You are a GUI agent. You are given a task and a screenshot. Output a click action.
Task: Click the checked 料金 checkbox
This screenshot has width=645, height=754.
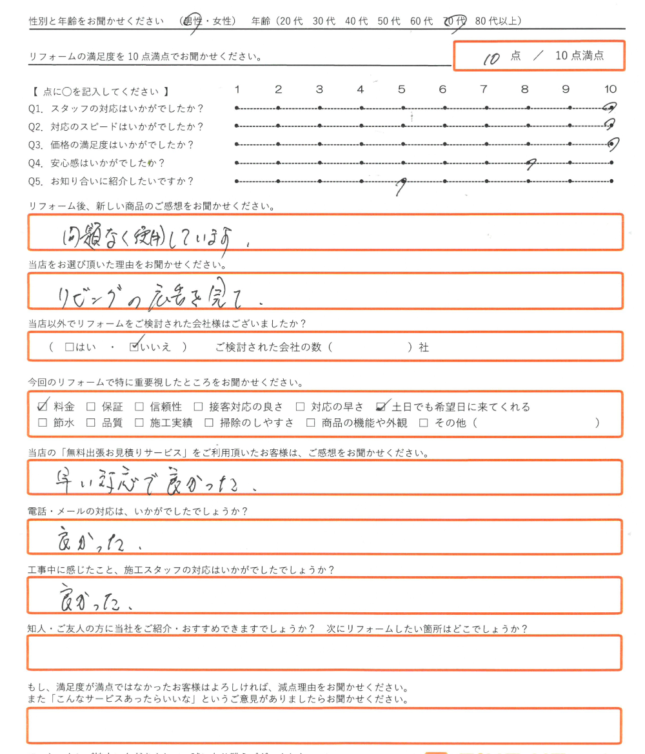(x=43, y=407)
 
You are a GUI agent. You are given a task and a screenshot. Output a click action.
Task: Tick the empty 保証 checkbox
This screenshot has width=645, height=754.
(x=91, y=407)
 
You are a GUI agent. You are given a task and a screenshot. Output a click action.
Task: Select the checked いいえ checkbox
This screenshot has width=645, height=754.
(x=134, y=347)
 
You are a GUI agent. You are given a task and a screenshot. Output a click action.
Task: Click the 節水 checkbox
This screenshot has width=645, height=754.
(x=43, y=423)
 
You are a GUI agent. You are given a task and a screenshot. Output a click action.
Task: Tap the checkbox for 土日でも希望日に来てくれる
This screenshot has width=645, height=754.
(x=381, y=407)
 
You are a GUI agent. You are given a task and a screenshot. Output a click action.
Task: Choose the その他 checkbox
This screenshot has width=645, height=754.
(x=424, y=423)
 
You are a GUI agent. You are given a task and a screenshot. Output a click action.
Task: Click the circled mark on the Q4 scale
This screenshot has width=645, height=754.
(x=530, y=164)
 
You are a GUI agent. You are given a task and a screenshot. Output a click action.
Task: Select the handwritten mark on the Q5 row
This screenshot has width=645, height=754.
(x=402, y=186)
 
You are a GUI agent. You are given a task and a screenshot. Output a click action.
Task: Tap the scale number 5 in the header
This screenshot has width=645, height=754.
(x=401, y=90)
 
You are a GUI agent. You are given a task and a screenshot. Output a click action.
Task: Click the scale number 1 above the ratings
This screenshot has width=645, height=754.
(x=237, y=90)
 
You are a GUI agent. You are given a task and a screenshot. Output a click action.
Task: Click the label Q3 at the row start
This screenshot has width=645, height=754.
(x=36, y=145)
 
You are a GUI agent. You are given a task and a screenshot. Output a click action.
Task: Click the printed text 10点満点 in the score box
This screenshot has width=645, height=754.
(x=579, y=55)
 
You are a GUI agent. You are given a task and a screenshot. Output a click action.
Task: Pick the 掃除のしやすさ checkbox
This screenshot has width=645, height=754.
(x=208, y=423)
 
